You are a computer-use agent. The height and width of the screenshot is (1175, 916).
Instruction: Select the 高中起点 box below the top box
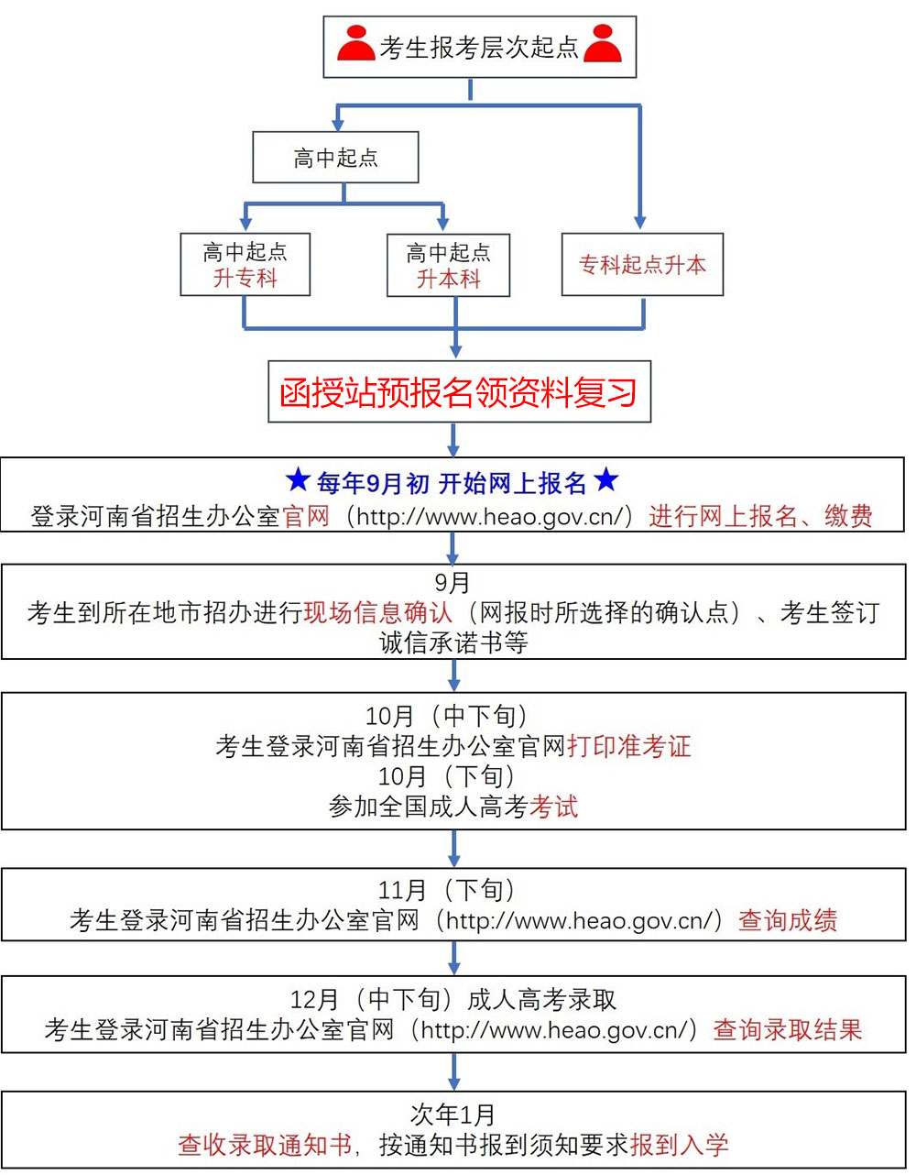tap(335, 158)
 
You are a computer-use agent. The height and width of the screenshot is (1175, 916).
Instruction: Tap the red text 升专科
tap(245, 278)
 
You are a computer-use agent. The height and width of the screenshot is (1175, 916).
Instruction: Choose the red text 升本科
tap(448, 279)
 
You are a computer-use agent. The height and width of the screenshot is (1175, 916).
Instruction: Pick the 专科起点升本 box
tap(642, 265)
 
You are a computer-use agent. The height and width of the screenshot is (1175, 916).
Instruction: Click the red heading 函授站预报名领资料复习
tap(459, 392)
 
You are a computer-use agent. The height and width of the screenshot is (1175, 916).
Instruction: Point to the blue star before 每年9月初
tap(298, 480)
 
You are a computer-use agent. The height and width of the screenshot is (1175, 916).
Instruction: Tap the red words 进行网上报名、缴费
tap(760, 516)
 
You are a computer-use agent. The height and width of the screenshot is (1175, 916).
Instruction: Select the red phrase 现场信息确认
tap(377, 612)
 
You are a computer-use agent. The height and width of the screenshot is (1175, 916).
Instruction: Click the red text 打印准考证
tap(629, 746)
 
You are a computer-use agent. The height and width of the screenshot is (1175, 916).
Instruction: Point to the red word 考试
tap(554, 807)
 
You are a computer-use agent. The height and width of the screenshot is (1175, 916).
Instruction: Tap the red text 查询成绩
tap(788, 920)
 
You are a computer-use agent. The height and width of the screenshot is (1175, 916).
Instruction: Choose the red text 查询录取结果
tap(788, 1029)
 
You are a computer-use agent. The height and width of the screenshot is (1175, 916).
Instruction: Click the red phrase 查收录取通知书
tap(265, 1144)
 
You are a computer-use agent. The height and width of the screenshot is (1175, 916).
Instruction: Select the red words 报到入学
tap(680, 1144)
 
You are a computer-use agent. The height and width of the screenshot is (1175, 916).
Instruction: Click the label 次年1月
tap(453, 1115)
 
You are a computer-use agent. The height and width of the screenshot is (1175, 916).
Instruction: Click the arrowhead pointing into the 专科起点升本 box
tap(640, 223)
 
